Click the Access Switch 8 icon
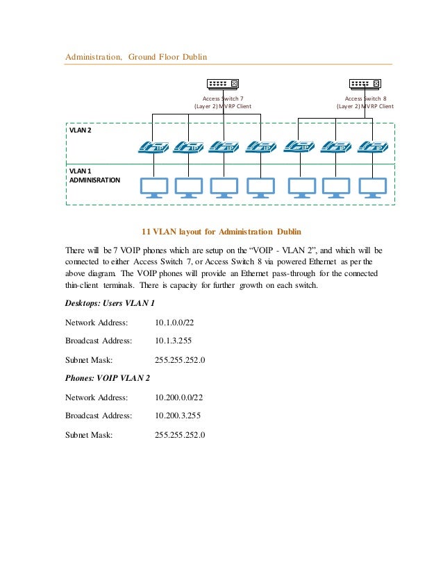366,83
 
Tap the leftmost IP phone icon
153,147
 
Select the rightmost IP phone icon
373,147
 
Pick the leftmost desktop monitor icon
153,187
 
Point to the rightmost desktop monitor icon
373,187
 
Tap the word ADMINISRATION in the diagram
94,180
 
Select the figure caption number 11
147,230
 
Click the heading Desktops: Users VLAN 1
110,303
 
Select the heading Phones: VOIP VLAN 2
108,378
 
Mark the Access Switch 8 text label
365,99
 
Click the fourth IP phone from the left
262,147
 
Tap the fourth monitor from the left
262,187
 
